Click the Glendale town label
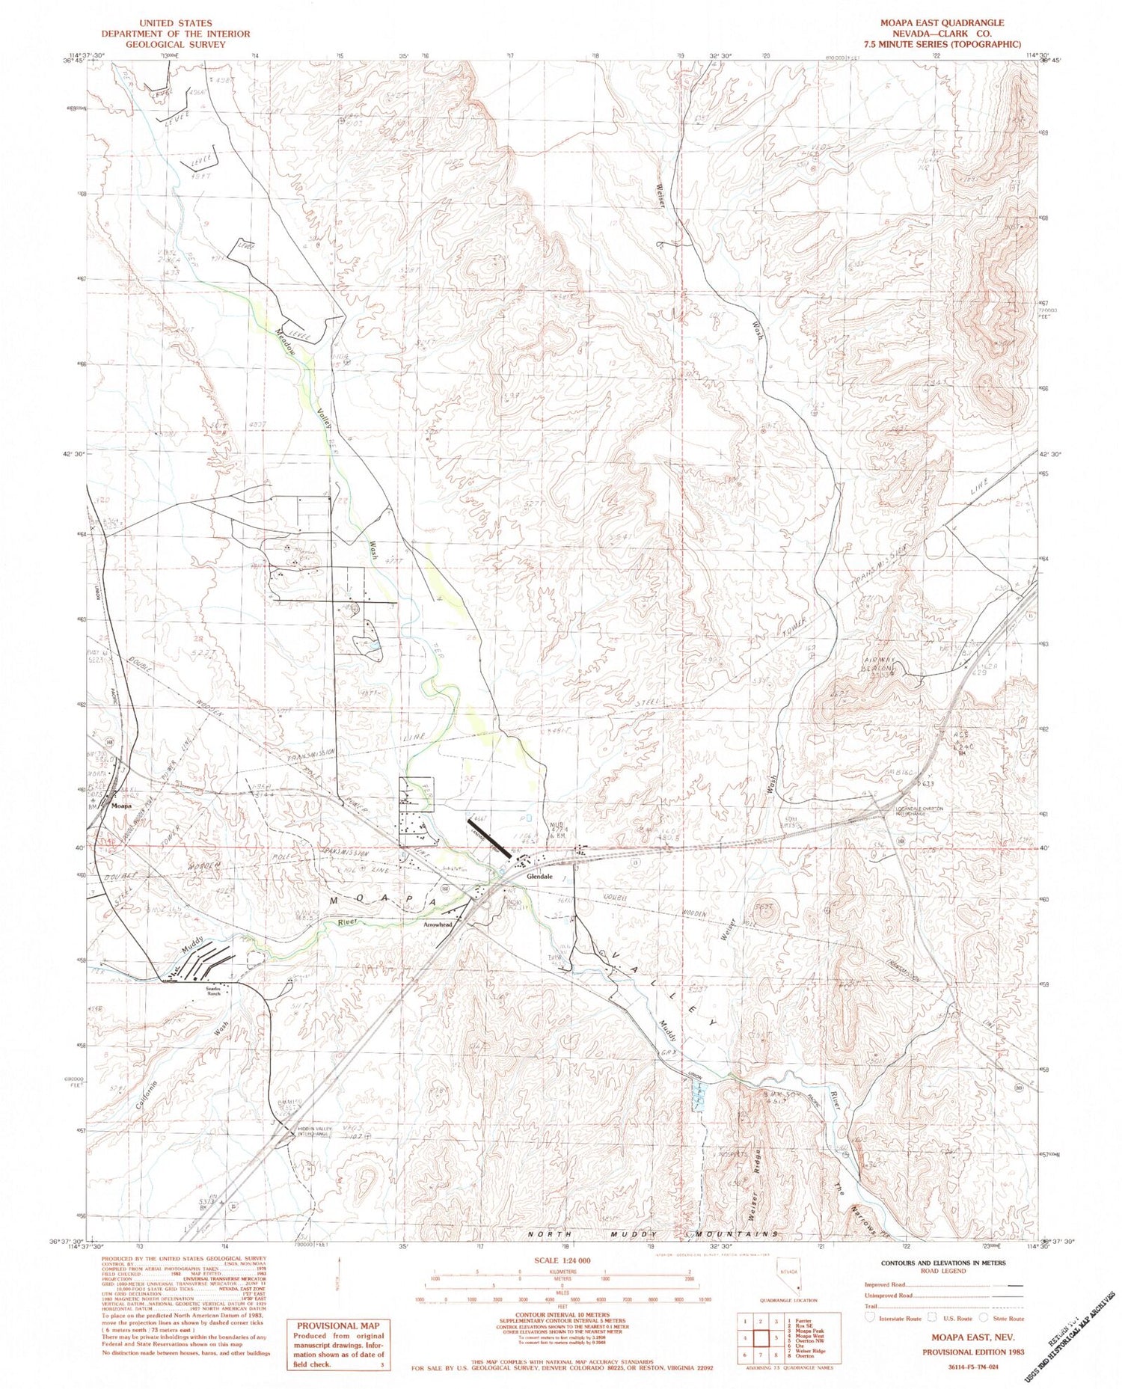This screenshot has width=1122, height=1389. (x=539, y=876)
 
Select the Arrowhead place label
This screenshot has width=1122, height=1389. (x=438, y=925)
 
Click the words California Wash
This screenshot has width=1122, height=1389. (x=180, y=1062)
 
